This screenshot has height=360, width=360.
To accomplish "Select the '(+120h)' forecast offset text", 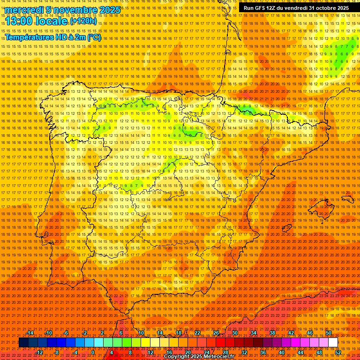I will [x=83, y=21].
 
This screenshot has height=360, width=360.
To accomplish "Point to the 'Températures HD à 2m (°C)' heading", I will [x=53, y=37].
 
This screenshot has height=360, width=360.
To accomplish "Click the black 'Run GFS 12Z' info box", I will [x=296, y=8].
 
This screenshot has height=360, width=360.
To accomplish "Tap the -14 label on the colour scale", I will [x=31, y=333].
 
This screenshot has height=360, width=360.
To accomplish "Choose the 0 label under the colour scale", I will [x=93, y=352].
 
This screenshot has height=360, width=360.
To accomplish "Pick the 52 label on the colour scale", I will [x=338, y=352].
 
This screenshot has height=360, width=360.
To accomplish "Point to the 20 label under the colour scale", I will [x=187, y=352].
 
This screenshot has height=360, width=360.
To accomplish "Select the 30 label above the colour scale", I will [x=234, y=333].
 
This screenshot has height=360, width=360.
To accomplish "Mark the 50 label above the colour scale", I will [x=328, y=333].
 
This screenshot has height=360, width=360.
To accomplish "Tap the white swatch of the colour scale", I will [x=333, y=343].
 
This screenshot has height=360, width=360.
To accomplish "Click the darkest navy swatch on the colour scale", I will [x=23, y=343].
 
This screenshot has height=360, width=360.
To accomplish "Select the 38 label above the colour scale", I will [x=272, y=333].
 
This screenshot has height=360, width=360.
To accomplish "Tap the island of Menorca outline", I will [x=348, y=199].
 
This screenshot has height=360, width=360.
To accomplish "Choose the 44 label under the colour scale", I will [x=300, y=352].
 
